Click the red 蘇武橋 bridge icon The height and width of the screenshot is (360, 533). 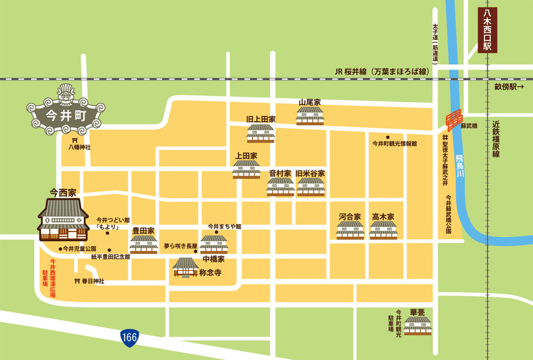click(x=452, y=120)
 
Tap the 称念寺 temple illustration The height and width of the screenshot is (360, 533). click(x=185, y=267)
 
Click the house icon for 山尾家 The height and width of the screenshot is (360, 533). click(x=309, y=116)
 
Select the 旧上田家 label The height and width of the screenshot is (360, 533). click(x=261, y=119)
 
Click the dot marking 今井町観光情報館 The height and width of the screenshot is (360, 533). click(x=387, y=137)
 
